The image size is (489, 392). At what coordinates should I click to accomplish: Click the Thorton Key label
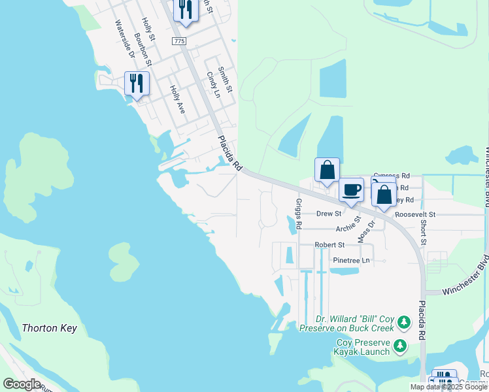[49, 328]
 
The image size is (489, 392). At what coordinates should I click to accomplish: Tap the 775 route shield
[180, 41]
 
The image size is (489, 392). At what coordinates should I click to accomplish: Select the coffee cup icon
[351, 189]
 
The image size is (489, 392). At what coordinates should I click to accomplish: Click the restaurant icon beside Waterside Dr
[137, 83]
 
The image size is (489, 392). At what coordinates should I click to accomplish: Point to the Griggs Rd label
[299, 214]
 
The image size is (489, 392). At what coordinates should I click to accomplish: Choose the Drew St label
[329, 214]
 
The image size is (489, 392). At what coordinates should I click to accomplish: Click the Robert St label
[329, 245]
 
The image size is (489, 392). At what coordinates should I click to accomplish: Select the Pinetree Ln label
[351, 260]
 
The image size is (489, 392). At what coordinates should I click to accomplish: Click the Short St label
[424, 233]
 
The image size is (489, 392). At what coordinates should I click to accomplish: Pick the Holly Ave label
[177, 100]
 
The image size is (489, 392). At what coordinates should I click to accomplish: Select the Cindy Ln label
[212, 84]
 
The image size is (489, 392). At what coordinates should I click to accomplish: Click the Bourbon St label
[143, 50]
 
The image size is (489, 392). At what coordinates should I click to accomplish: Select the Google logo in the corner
[22, 384]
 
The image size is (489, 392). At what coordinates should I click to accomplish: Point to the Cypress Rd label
[391, 176]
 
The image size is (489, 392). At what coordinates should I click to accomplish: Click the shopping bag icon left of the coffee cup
[327, 170]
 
